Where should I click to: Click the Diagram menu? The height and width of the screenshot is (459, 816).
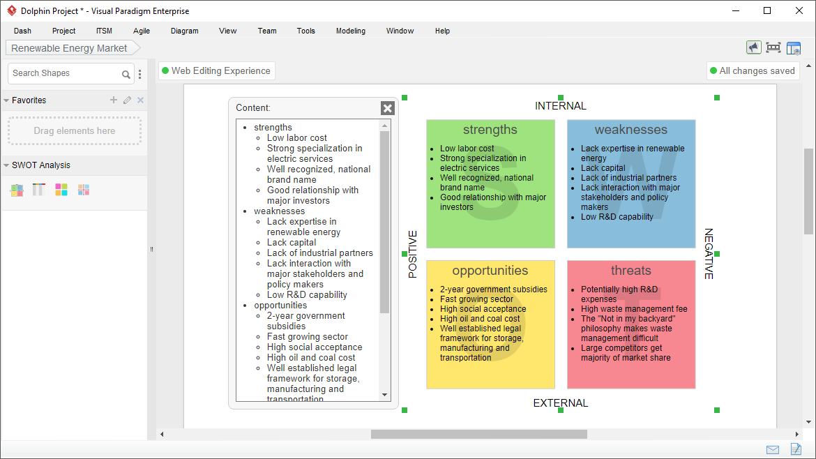coord(184,31)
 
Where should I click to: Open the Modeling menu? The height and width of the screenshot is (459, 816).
coord(350,31)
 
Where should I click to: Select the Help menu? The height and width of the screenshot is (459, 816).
coord(442,31)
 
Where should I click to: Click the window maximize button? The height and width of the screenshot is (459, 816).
coord(767,10)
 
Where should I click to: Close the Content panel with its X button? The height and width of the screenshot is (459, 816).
coord(388,108)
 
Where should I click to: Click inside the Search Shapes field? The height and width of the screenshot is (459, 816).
coord(65,73)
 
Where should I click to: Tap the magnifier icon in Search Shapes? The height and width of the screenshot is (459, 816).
coord(126,75)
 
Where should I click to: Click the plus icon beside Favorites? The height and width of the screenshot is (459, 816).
coord(114,100)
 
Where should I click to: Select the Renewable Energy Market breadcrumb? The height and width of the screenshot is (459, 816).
coord(69,48)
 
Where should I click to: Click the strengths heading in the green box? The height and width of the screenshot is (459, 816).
coord(490,130)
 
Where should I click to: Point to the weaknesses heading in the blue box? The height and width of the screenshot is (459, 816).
coord(630,130)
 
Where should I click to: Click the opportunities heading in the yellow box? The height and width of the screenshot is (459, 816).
coord(490,271)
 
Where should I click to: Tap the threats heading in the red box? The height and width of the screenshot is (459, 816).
coord(630,271)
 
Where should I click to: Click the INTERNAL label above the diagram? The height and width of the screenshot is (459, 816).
coord(561,106)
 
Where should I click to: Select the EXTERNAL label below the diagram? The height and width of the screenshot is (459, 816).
coord(561,403)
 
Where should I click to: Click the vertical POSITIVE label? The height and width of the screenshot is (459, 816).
coord(413,254)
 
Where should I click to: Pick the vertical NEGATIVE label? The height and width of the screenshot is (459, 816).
coord(709,254)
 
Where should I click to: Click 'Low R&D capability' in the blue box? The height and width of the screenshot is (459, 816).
coord(617,217)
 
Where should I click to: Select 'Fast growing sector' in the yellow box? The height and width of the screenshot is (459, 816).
coord(476,299)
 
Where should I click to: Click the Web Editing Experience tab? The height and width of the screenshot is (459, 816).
coord(216,70)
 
